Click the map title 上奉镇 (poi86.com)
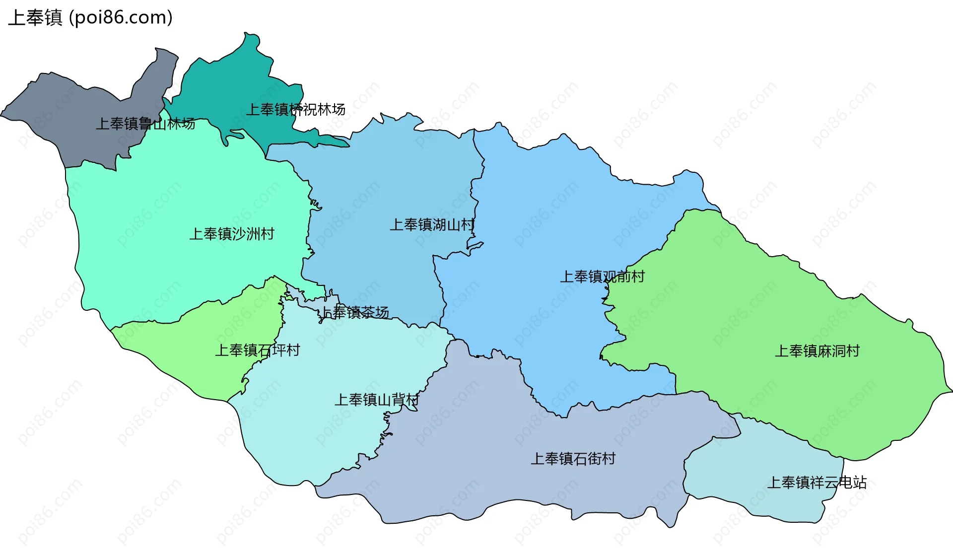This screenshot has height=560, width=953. [x=90, y=17]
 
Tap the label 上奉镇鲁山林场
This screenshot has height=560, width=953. [x=145, y=124]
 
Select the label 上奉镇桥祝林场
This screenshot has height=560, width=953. [x=296, y=109]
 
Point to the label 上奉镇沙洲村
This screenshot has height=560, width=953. [x=232, y=233]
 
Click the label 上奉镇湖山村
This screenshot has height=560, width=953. [x=432, y=225]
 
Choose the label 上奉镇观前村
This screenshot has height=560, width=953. [x=602, y=277]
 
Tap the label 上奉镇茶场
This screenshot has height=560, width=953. [x=354, y=312]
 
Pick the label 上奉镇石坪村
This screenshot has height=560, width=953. [x=258, y=350]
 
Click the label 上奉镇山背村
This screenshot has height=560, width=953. [x=377, y=400]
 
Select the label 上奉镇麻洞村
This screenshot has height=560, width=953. [x=817, y=351]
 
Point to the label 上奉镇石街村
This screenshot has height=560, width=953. [x=573, y=458]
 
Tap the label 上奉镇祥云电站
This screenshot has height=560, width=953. [x=817, y=482]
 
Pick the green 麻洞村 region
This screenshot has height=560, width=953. [x=769, y=298]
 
